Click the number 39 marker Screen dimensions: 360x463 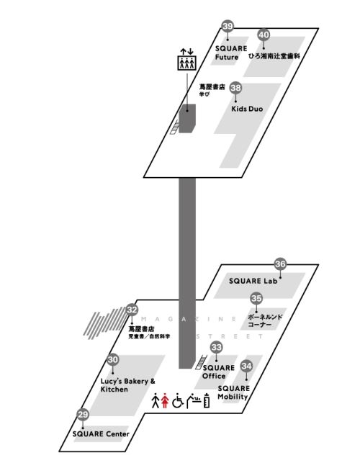[x=228, y=26]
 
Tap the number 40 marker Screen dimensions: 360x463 [x=264, y=35]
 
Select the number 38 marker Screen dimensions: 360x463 [x=235, y=88]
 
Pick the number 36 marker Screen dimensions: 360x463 [x=280, y=264]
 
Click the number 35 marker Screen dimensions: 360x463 [x=256, y=298]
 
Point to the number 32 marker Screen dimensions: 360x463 [x=132, y=310]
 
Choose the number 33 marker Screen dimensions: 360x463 [x=216, y=347]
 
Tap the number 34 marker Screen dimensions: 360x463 [x=246, y=366]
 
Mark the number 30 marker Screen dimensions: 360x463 [x=112, y=359]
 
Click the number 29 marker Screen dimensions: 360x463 [x=83, y=415]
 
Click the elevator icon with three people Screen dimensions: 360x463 [x=186, y=63]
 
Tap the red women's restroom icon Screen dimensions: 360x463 [x=165, y=400]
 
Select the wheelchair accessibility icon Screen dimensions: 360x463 [x=178, y=400]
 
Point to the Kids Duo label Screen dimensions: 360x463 [x=247, y=109]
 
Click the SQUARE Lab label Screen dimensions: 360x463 [x=253, y=281]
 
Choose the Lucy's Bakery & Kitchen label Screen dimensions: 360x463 [x=127, y=385]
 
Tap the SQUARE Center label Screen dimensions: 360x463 [x=101, y=433]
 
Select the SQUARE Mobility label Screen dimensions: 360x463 [x=233, y=392]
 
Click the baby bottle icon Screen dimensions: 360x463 [x=207, y=400]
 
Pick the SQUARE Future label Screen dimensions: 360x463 [x=231, y=53]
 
